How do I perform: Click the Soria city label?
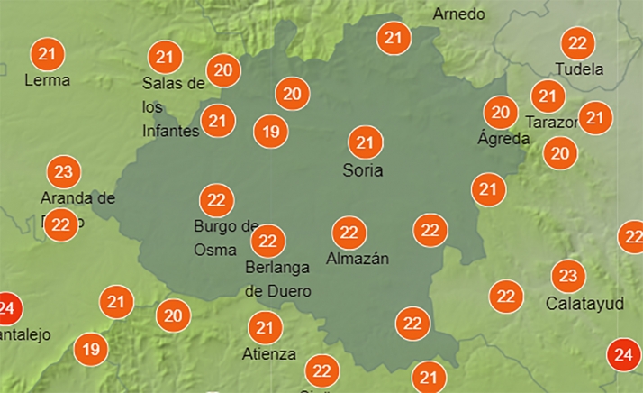[364, 169]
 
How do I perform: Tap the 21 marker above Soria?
[365, 142]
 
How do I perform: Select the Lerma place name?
[47, 79]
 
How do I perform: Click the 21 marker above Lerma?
[47, 54]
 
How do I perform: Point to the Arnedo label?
[458, 14]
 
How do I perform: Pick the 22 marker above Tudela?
[577, 43]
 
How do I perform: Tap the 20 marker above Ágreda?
[500, 113]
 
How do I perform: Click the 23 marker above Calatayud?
[568, 276]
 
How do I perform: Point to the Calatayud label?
[584, 304]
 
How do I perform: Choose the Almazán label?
[358, 259]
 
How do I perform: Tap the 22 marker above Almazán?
[349, 233]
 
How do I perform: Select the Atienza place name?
[268, 354]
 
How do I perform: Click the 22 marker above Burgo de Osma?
[216, 200]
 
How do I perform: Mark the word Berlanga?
[277, 268]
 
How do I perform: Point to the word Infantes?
[170, 132]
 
